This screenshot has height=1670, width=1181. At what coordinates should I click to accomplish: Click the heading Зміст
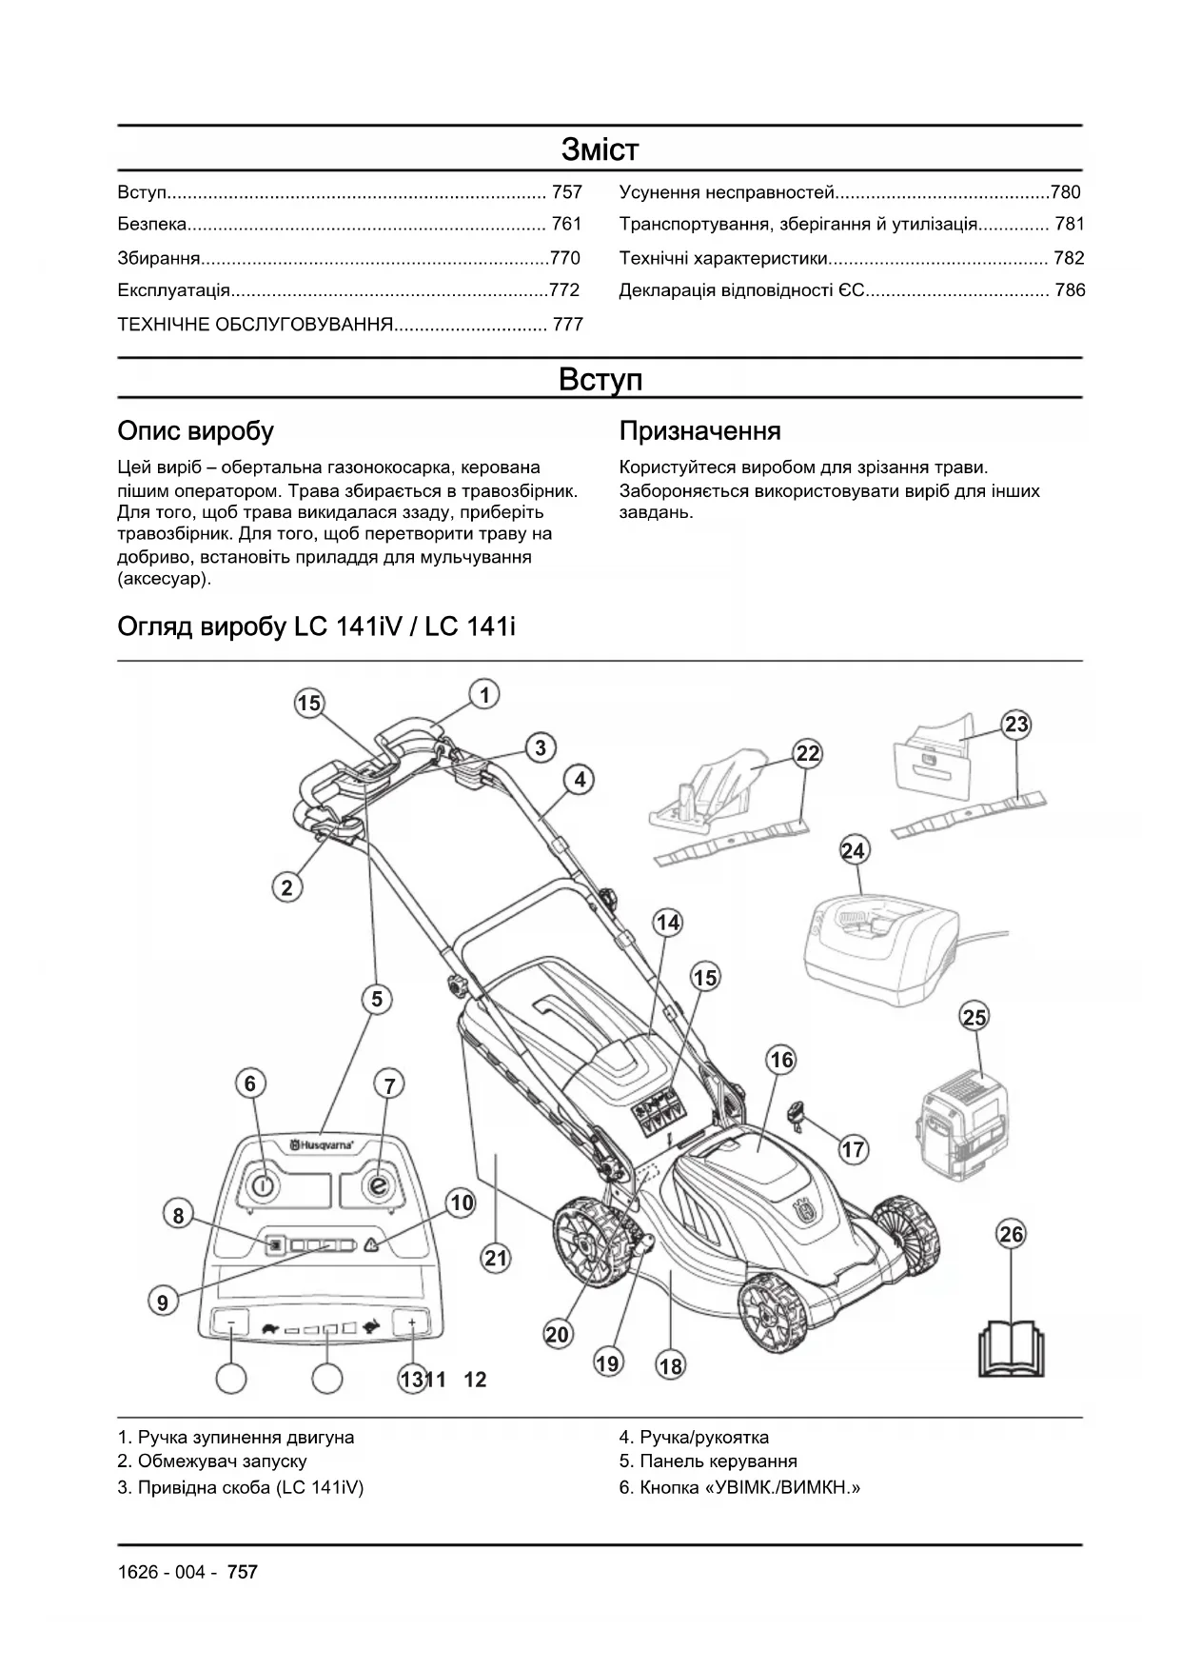click(600, 149)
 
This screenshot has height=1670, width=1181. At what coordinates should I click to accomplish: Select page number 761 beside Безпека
click(566, 225)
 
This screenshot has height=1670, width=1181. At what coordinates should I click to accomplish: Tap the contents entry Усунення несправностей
click(727, 192)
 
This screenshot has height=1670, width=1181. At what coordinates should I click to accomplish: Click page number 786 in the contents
click(1070, 290)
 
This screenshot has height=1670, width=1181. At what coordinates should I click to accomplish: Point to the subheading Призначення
click(699, 431)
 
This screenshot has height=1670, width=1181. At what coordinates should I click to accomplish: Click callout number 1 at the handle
click(484, 695)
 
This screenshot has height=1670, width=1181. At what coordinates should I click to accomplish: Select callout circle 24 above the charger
click(854, 849)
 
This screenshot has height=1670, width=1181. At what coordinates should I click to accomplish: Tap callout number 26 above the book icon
click(1011, 1234)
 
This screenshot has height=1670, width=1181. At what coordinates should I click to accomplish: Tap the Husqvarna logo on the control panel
click(323, 1144)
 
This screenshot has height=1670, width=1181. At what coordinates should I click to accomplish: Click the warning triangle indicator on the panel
click(370, 1244)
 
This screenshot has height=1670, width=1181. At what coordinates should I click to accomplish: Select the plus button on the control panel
click(411, 1322)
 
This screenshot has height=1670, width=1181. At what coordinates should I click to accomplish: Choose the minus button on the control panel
click(231, 1322)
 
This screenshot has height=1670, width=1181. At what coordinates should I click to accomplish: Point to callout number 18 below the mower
click(670, 1366)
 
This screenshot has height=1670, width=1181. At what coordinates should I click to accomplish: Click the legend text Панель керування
click(718, 1461)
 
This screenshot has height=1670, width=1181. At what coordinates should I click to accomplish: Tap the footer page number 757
click(243, 1572)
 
